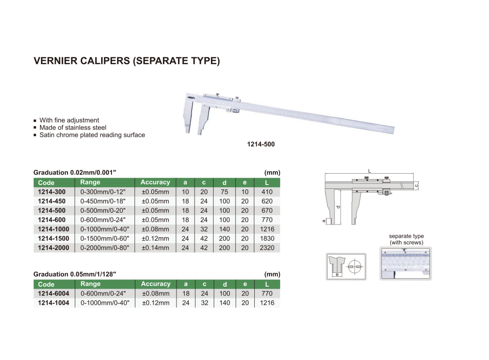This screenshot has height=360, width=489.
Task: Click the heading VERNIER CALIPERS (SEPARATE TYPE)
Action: click(127, 62)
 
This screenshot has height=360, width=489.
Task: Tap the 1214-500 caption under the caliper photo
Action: click(261, 145)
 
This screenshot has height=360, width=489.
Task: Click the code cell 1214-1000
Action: click(53, 229)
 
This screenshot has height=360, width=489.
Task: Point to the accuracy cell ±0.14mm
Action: click(155, 248)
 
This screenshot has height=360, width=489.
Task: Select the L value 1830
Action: click(267, 239)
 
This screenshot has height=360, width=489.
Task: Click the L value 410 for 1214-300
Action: click(267, 192)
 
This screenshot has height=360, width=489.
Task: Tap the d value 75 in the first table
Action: click(224, 192)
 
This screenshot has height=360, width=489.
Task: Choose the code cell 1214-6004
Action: click(53, 294)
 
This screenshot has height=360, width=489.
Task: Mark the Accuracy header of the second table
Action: click(156, 284)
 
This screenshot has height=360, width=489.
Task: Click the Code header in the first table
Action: click(46, 183)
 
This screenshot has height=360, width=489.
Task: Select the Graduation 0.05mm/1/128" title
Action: click(75, 274)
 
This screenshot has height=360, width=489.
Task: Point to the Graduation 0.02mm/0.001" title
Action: click(75, 173)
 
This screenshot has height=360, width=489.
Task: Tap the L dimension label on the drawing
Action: click(369, 171)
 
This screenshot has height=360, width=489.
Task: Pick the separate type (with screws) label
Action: click(406, 239)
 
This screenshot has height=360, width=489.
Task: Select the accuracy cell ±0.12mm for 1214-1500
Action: click(155, 239)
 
